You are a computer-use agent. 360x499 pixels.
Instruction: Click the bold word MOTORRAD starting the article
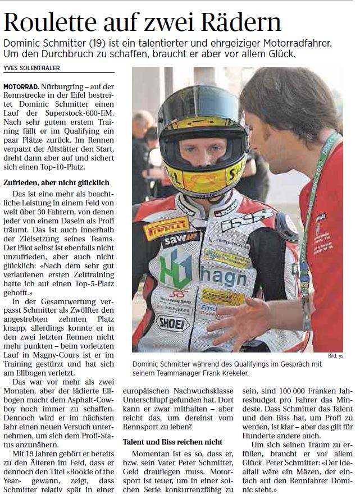point(21,88)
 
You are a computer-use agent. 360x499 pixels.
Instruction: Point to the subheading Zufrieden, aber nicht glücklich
point(56,183)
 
